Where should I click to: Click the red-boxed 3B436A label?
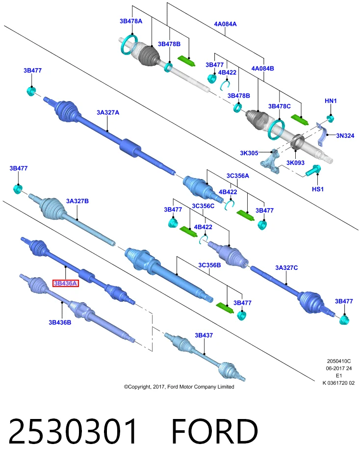65,283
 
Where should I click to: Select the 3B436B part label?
60,322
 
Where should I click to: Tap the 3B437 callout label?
204,335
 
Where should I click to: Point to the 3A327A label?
108,112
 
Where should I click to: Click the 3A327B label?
77,201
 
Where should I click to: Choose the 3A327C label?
287,268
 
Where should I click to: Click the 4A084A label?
225,24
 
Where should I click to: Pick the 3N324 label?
345,136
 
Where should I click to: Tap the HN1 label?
331,101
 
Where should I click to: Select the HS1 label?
318,189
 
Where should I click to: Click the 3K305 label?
249,153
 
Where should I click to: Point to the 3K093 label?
295,163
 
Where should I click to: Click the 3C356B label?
209,265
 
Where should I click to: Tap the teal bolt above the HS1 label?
313,171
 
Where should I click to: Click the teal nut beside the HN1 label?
330,118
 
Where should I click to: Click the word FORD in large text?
214,432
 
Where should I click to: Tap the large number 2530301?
73,432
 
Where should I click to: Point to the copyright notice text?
179,387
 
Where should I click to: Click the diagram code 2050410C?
339,362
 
